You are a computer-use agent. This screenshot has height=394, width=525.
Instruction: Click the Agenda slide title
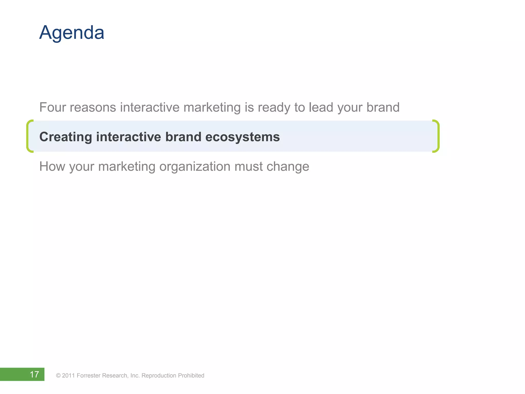tap(72, 33)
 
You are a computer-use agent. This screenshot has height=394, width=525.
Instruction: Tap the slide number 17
tap(34, 375)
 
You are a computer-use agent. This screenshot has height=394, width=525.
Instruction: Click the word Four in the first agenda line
tap(53, 107)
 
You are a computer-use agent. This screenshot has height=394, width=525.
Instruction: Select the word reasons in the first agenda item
tap(93, 107)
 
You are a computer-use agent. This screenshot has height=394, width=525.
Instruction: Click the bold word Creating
tap(66, 137)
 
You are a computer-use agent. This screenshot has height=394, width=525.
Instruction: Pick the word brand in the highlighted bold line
tap(183, 137)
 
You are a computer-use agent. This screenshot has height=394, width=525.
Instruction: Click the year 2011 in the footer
tap(68, 376)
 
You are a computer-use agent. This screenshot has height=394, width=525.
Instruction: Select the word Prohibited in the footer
tap(191, 376)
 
